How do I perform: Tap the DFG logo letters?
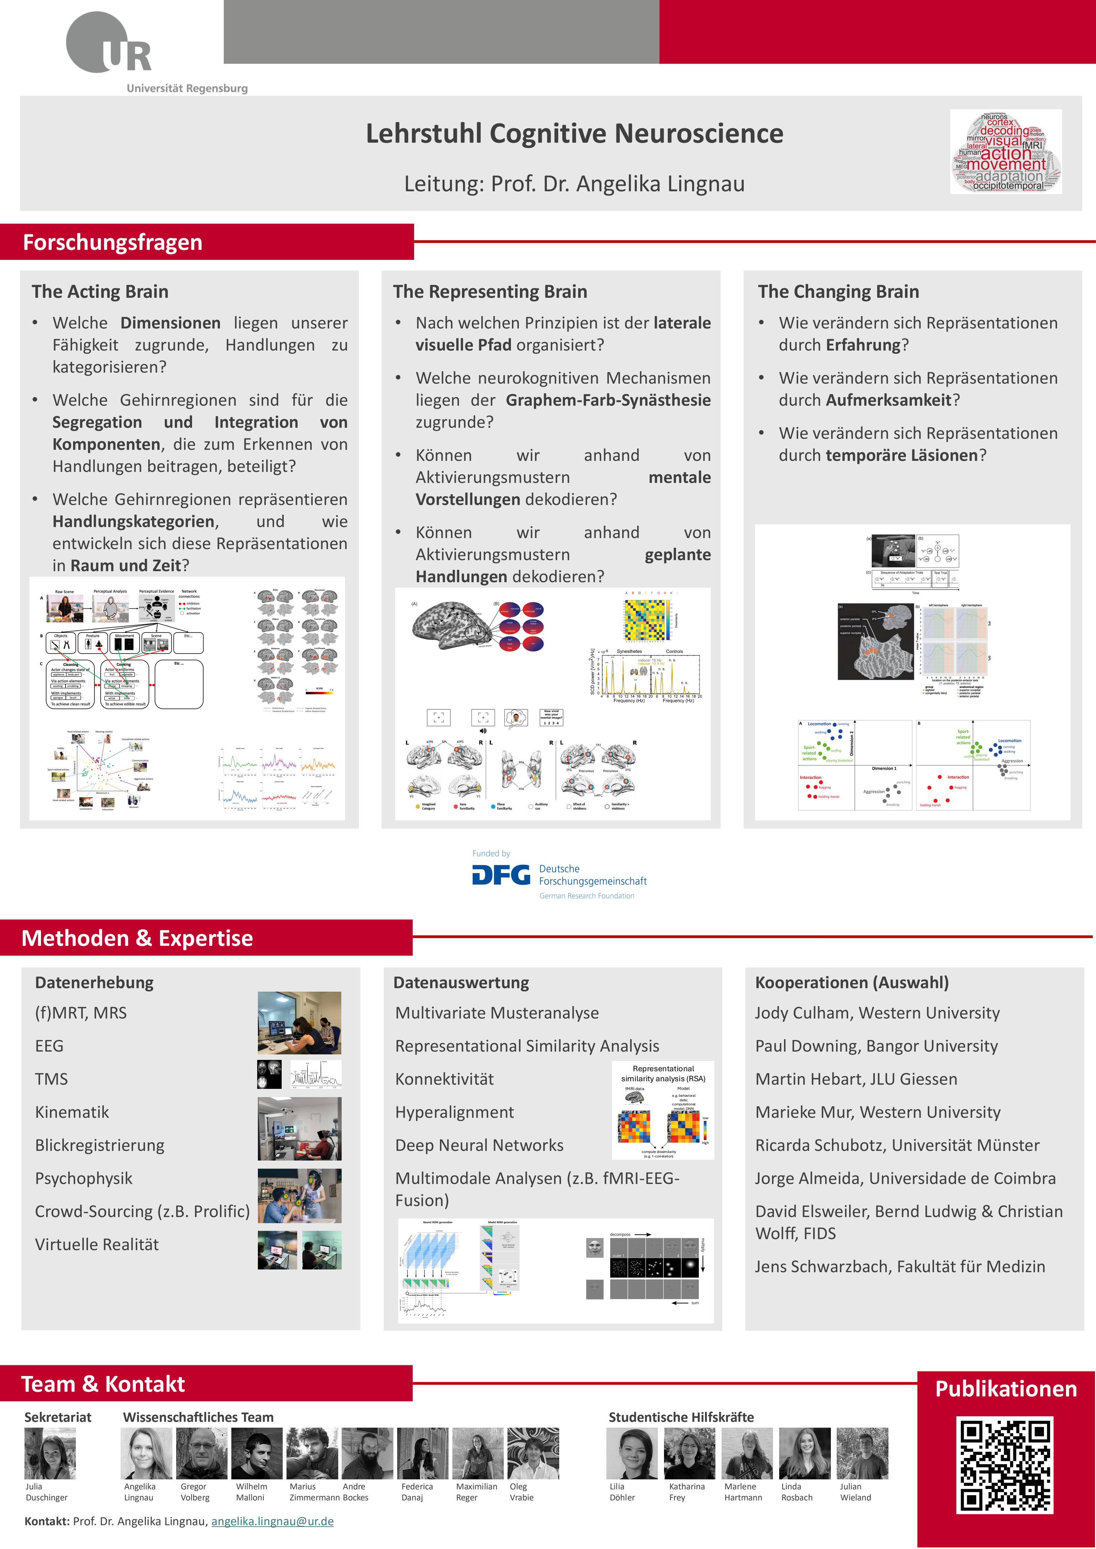pos(501,875)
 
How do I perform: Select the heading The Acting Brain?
pos(100,292)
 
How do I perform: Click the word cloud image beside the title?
pos(1006,152)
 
